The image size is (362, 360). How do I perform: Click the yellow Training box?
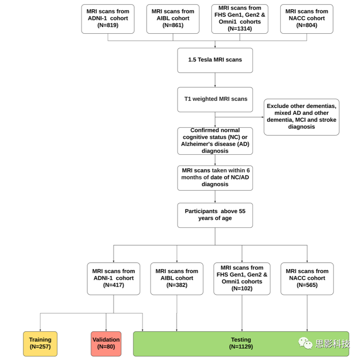(40, 344)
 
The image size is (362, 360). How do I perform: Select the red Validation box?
(106, 344)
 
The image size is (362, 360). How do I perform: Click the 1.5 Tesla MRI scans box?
(215, 60)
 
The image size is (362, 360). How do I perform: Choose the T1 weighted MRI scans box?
(215, 99)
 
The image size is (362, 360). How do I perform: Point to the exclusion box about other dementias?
(301, 117)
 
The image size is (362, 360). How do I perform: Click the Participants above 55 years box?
(215, 215)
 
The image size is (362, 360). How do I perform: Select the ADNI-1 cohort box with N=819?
(108, 19)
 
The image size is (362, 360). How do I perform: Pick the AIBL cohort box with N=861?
(173, 19)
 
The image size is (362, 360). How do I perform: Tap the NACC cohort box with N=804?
(307, 19)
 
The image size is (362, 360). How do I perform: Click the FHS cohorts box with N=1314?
(240, 19)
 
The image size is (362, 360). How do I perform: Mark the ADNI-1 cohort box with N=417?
(113, 279)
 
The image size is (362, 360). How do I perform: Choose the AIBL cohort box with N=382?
(177, 279)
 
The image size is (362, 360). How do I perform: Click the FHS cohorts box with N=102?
(242, 279)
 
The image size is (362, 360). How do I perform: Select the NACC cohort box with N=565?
(307, 279)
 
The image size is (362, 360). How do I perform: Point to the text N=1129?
(241, 347)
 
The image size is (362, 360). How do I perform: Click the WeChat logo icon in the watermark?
(305, 343)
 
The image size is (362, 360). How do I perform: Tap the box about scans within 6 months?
(215, 178)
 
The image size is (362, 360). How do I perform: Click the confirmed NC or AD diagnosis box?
(215, 141)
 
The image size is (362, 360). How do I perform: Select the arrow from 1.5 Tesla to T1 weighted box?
(215, 80)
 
